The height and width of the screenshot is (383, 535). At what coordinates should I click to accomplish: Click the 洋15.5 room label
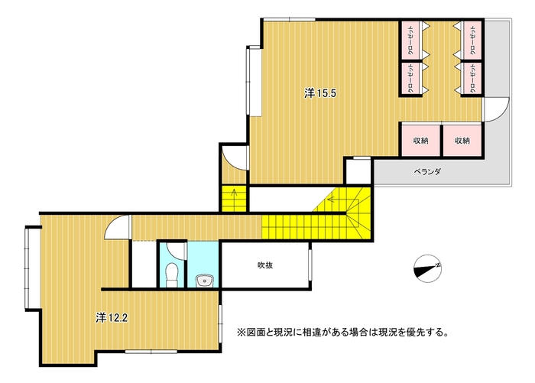tap(320, 93)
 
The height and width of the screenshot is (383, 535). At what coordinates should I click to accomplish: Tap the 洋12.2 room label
tap(112, 318)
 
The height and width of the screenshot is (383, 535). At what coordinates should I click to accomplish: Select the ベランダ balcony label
tap(427, 172)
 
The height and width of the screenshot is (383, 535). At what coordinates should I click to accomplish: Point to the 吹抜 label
tap(265, 265)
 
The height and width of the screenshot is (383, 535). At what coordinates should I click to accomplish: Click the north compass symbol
tap(427, 268)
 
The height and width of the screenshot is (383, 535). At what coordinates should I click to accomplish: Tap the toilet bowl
tap(171, 275)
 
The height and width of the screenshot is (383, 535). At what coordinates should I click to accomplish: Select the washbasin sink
tap(204, 281)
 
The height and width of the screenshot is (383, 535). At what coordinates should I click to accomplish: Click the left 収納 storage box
tap(420, 141)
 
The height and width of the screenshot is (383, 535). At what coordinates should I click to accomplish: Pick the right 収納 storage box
tap(462, 141)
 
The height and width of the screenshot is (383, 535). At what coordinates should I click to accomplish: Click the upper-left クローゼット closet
tap(411, 41)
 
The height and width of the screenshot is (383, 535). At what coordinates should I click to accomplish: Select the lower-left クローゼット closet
tap(411, 79)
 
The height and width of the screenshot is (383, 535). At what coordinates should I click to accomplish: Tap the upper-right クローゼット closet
tap(472, 41)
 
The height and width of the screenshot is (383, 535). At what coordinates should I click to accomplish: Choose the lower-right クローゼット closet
tap(472, 79)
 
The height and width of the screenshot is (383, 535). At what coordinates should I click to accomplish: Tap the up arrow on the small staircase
tap(234, 193)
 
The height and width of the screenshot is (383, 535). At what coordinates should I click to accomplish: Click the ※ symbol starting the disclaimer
tap(242, 332)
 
